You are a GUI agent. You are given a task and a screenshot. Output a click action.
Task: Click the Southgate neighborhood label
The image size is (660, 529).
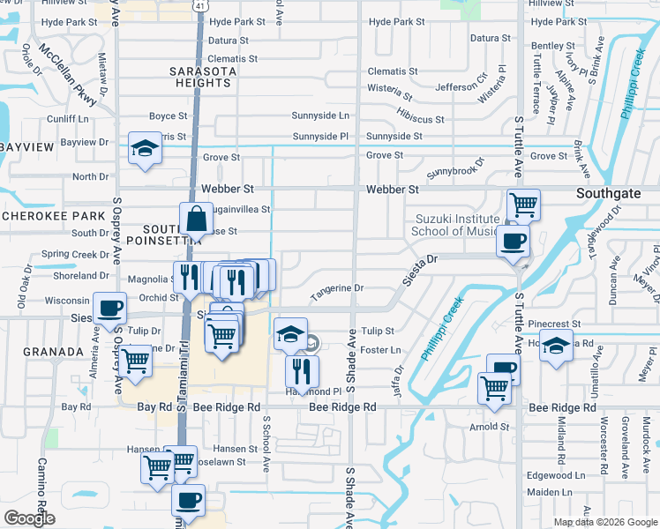pyautogui.click(x=613, y=190)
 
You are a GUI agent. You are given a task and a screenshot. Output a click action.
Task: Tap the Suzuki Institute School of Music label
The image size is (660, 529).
pyautogui.click(x=457, y=225)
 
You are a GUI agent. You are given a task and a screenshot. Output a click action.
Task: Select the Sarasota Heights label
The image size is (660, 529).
pyautogui.click(x=203, y=77)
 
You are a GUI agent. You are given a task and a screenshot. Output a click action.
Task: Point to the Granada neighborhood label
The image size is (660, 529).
pyautogui.click(x=29, y=351)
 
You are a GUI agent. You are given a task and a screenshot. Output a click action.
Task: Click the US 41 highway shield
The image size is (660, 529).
pyautogui.click(x=200, y=6)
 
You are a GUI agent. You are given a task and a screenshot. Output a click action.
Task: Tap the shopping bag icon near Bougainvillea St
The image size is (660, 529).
pyautogui.click(x=196, y=219)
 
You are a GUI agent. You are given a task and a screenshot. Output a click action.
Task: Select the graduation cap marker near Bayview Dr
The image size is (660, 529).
pyautogui.click(x=144, y=148)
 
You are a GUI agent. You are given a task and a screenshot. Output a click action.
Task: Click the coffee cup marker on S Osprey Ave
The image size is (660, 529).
pyautogui.click(x=109, y=309)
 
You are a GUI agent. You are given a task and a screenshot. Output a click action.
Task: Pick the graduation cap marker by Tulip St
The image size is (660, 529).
pyautogui.click(x=290, y=333)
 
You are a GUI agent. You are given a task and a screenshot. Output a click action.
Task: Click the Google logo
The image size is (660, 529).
pyautogui.click(x=29, y=518)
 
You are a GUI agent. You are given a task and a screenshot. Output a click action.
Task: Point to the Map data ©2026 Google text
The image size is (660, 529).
pyautogui.click(x=606, y=522)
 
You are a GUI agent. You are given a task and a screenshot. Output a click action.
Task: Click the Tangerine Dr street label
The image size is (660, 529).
pyautogui.click(x=336, y=288)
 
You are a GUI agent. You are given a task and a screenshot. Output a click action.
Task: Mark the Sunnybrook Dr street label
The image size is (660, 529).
pyautogui.click(x=455, y=168)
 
